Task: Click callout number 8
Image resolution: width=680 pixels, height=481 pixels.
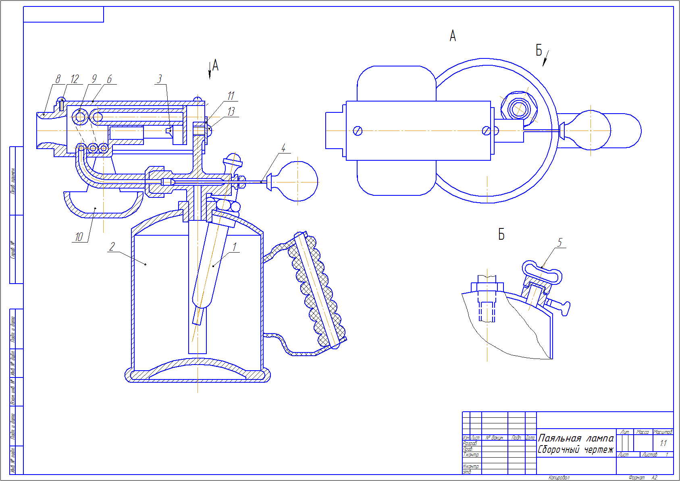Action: [58, 79]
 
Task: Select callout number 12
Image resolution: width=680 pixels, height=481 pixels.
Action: [75, 79]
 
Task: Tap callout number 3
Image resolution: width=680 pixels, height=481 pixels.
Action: [160, 79]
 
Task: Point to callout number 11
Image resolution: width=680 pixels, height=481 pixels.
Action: [231, 96]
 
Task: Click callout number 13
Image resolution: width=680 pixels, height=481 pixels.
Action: [231, 111]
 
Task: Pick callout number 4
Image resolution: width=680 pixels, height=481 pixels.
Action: [283, 148]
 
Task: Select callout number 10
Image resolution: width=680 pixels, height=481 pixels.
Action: [79, 236]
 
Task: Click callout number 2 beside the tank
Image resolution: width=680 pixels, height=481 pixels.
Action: [112, 246]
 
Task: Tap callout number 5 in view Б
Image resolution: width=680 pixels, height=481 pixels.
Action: [559, 242]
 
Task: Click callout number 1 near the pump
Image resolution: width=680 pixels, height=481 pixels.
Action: [235, 247]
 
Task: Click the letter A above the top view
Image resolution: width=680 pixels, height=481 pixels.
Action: [453, 36]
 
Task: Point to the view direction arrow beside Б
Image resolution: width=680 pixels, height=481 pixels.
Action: [545, 58]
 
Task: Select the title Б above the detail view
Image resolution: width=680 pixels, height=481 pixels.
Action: [501, 234]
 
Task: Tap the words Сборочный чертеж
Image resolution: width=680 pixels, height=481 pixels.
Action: [576, 450]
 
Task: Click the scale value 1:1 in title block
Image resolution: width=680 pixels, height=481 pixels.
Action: [663, 444]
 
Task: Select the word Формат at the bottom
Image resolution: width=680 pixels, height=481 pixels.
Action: [636, 477]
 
